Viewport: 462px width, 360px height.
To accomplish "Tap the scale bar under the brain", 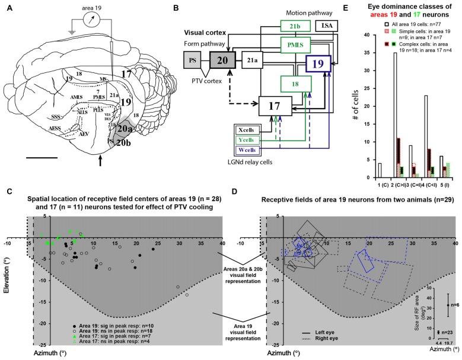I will click(58, 158).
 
